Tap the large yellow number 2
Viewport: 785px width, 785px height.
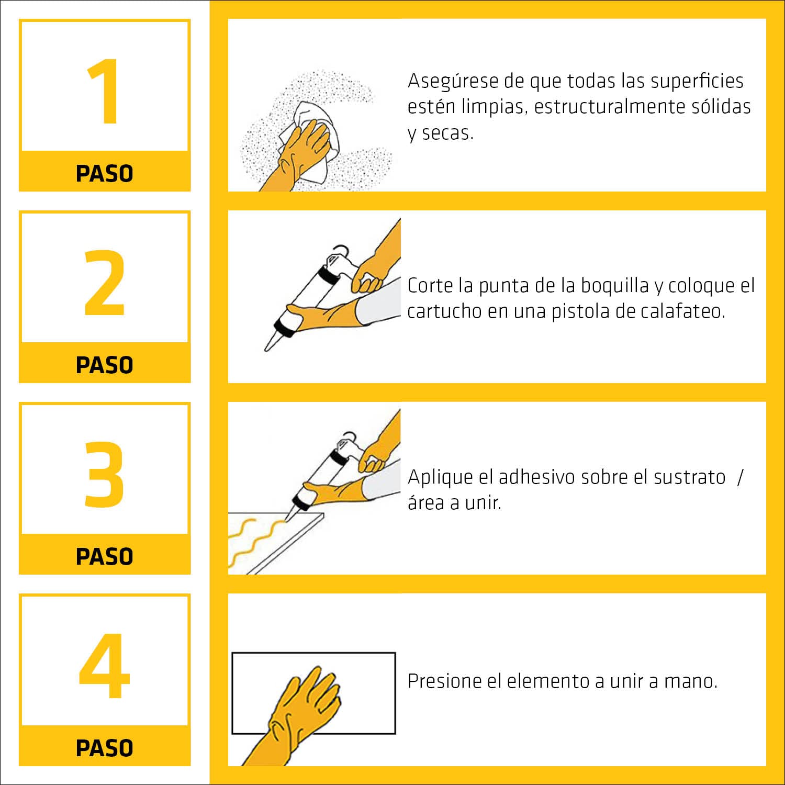click(105, 283)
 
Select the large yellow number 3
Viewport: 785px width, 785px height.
click(105, 474)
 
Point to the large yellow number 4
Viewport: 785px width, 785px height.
click(104, 666)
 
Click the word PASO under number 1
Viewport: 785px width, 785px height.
click(105, 174)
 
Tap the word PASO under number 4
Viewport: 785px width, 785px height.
click(105, 748)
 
